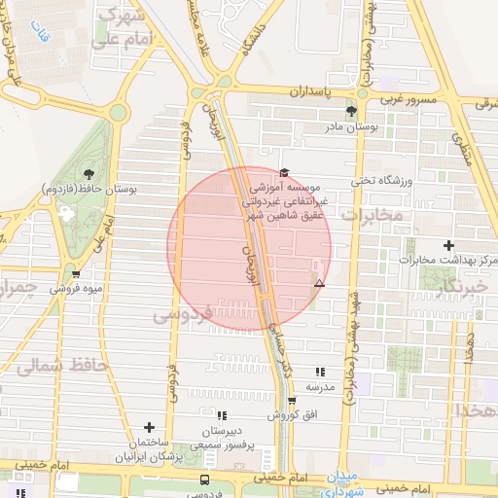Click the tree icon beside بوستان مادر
tap(365, 112)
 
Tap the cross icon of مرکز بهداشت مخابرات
tap(448, 245)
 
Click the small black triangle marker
tap(319, 283)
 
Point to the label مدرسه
tap(320, 386)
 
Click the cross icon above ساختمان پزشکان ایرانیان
tap(149, 427)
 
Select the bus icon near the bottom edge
tap(204, 480)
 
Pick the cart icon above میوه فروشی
tap(75, 275)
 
